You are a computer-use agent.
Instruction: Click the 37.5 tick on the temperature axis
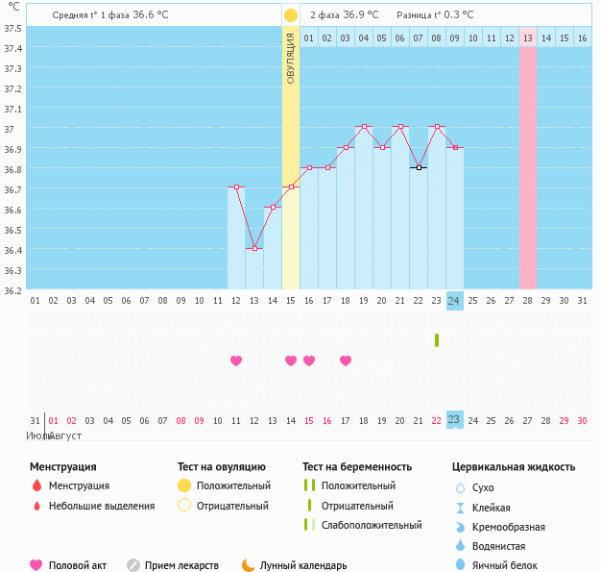click(x=12, y=27)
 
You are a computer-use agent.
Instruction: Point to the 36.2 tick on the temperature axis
click(x=12, y=289)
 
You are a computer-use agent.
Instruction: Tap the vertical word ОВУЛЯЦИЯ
click(x=291, y=58)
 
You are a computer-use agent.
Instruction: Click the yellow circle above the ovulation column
click(x=291, y=15)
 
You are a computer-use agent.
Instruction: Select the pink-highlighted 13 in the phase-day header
click(x=528, y=37)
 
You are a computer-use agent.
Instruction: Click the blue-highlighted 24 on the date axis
click(x=454, y=300)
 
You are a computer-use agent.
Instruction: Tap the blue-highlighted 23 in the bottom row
click(x=454, y=419)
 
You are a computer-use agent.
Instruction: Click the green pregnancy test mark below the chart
click(x=437, y=339)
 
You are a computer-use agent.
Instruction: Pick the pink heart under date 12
click(x=236, y=361)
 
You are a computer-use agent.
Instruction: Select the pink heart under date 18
click(x=346, y=361)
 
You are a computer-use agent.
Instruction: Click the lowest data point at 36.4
click(x=254, y=248)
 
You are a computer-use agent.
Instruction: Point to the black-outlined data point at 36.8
click(x=419, y=167)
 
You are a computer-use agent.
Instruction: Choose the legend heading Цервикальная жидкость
click(x=514, y=466)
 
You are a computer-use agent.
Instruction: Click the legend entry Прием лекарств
click(x=181, y=566)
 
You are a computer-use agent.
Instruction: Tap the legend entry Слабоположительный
click(x=372, y=525)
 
